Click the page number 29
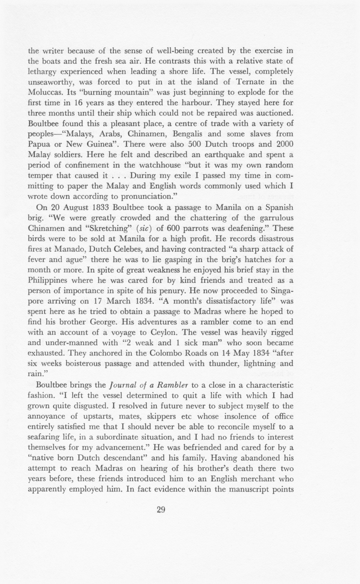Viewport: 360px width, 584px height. coord(161,510)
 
